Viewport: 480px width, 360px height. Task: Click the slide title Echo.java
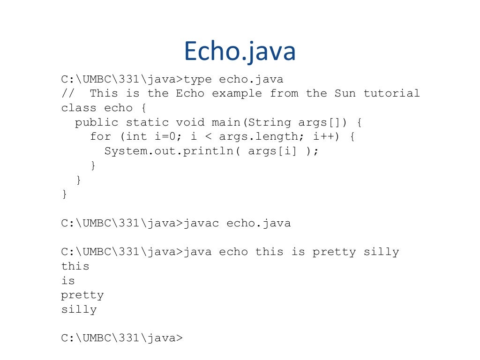[240, 51]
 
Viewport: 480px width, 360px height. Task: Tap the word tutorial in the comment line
[391, 93]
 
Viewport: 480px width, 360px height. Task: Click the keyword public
[97, 122]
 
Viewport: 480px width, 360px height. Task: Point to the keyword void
[190, 122]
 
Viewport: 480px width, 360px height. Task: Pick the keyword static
[147, 122]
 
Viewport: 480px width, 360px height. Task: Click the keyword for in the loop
[100, 137]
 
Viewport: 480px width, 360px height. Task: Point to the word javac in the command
[201, 223]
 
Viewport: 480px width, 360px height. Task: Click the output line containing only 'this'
[75, 266]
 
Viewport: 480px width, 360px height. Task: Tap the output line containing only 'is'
[68, 281]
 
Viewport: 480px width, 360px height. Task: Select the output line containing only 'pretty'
[82, 295]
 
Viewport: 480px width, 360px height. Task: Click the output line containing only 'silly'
[79, 309]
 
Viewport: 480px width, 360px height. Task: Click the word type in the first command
[197, 79]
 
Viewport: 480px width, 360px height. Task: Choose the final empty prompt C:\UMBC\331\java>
[122, 338]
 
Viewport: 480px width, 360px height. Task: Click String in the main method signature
[270, 122]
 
